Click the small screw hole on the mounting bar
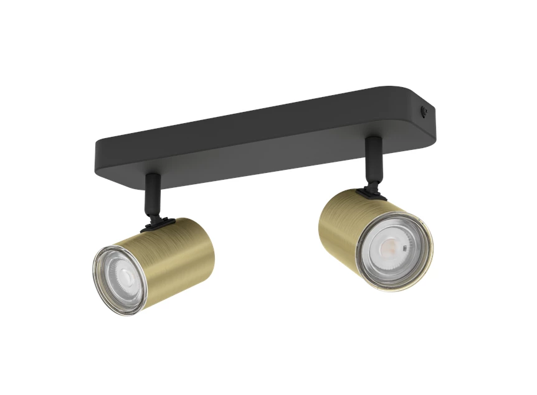pyautogui.click(x=426, y=113)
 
